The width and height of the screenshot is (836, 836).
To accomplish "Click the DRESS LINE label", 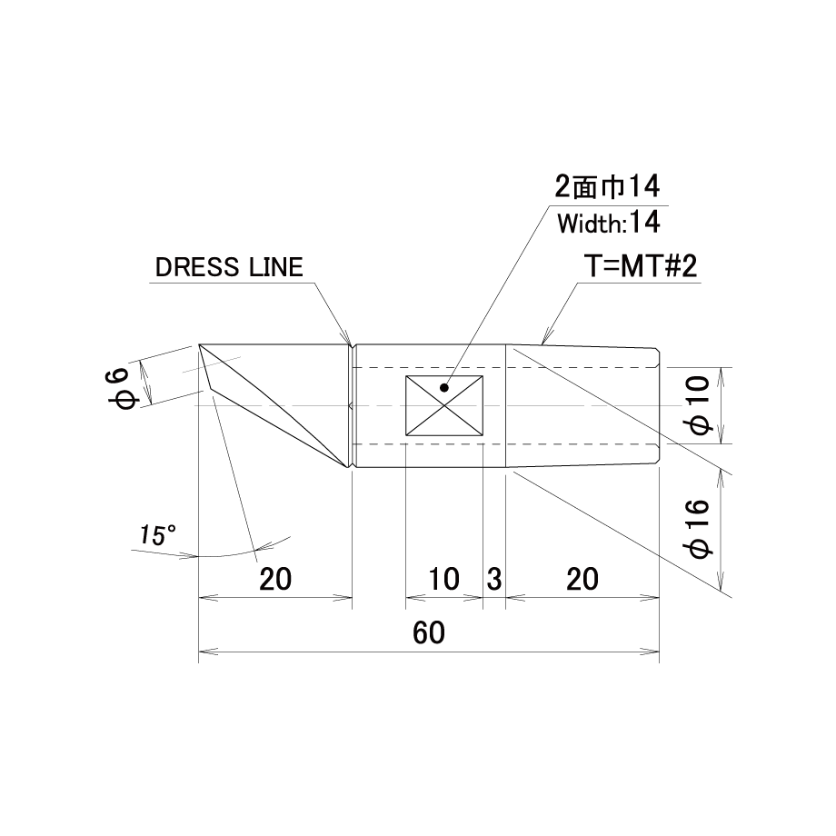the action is click(229, 267).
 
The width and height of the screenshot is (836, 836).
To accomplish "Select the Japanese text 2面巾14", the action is click(607, 186).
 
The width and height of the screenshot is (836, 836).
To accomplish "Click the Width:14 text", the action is click(609, 223).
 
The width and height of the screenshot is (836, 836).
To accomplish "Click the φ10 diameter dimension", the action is click(699, 405).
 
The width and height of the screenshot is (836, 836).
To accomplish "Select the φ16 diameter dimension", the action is click(699, 529).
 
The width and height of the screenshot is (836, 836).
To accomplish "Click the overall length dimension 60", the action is click(429, 632).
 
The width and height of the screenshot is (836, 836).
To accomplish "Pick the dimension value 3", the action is click(494, 579).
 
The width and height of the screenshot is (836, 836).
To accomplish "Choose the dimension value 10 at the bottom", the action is click(443, 579).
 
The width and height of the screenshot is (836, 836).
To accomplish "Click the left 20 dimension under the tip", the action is click(275, 579).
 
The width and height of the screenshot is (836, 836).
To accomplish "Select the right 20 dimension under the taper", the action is click(582, 579).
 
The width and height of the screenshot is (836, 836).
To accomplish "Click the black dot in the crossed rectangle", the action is click(444, 388).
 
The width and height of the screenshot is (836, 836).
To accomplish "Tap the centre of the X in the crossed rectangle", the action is click(444, 406).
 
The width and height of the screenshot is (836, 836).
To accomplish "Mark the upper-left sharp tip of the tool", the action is click(199, 345).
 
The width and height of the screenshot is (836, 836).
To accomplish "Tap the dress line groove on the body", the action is click(352, 406).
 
